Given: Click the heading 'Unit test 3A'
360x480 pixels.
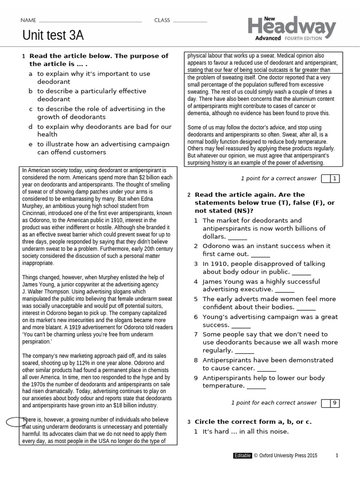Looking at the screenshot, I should tap(53, 36).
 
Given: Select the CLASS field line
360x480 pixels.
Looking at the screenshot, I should tap(189, 21).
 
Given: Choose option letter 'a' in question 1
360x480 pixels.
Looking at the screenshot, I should tap(30, 74).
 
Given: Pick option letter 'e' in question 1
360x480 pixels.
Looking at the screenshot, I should tap(30, 144).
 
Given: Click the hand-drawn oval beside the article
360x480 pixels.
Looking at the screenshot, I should tap(16, 421).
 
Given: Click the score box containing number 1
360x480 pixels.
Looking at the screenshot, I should tap(334, 178).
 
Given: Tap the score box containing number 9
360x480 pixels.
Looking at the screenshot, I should tap(334, 403).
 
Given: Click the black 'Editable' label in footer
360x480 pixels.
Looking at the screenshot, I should tap(242, 455).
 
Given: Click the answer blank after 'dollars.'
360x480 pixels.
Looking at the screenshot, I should tap(237, 237).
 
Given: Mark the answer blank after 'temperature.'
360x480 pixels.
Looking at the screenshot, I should tap(256, 386).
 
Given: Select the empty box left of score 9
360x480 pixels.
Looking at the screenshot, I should tap(325, 403).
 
